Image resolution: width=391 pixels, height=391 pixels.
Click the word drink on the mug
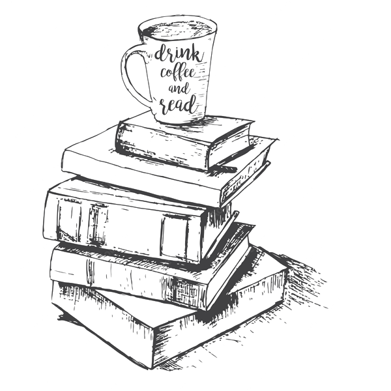point(178,53)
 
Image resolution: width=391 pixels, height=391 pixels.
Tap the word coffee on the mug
point(177,73)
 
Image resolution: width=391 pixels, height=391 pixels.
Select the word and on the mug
point(179,89)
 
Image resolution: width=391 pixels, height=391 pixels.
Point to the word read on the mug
point(178,106)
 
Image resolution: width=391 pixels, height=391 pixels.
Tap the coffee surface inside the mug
point(178,31)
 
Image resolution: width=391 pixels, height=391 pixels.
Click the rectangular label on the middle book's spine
point(175,236)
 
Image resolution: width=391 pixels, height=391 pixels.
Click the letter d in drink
point(160,53)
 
